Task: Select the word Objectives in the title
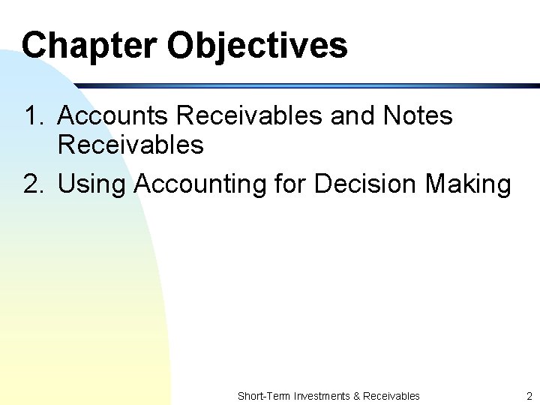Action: point(257,46)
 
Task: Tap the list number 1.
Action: point(33,116)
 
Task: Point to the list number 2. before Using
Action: point(34,184)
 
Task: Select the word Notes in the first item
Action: point(418,116)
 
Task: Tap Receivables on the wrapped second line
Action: point(130,144)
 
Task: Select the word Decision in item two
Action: point(365,184)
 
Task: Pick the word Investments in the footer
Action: point(321,396)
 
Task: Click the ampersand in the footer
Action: point(355,396)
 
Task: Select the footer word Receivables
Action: point(391,396)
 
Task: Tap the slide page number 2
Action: point(529,396)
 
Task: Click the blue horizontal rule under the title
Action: point(300,85)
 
